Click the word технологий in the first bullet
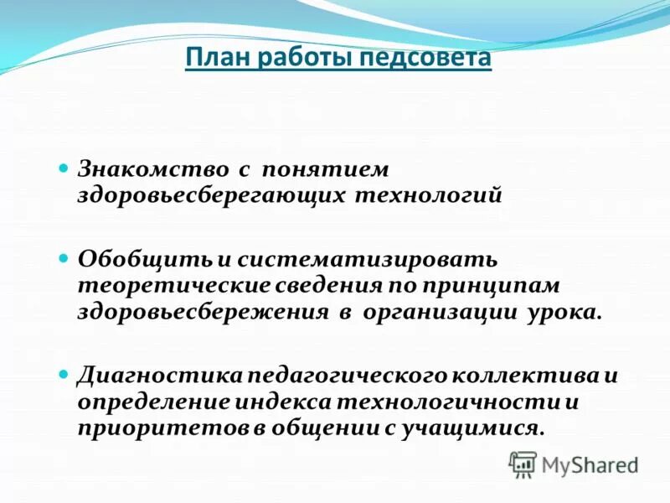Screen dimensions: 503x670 click(430, 196)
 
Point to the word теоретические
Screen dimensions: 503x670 click(173, 284)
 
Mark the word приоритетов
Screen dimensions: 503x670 click(163, 428)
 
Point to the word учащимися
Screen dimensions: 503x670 click(473, 428)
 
